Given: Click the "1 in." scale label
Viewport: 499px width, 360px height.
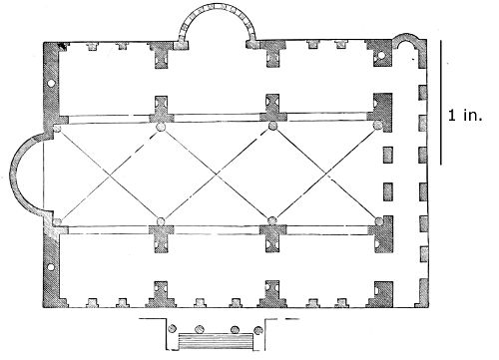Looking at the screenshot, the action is coord(465,116).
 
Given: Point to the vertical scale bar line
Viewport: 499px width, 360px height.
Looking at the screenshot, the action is coord(441,103).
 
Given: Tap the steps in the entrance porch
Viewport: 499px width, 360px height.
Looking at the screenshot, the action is coord(217,341).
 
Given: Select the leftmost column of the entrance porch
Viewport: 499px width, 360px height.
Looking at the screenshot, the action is coord(172,329).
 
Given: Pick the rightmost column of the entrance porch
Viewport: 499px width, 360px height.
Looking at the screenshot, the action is coord(258,330).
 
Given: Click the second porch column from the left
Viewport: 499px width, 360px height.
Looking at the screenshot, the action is coord(200,329).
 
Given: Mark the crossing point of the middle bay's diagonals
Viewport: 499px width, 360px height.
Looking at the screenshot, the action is coord(217,174).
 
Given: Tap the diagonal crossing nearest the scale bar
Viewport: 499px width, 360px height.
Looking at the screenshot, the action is coord(325,173).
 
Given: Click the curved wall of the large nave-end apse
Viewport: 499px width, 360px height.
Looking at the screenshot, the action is coord(12,173).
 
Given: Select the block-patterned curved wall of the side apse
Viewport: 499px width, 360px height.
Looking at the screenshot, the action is coord(218,6).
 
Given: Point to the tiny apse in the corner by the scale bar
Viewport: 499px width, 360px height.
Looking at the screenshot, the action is coord(405,37).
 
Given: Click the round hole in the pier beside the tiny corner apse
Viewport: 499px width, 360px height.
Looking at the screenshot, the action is coord(381,55).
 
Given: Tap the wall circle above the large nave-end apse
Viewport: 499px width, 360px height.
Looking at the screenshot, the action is coord(51,83).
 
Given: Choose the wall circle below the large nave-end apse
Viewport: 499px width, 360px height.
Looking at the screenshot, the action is coord(51,267).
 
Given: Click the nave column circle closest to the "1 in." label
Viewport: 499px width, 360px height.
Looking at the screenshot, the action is coord(378,126).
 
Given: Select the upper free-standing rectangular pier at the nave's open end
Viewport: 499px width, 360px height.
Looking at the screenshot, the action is coord(388,156).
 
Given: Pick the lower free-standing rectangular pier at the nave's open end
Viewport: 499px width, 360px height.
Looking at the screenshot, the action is coord(388,191).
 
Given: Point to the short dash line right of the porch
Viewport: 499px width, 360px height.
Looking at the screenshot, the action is coord(292,319).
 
